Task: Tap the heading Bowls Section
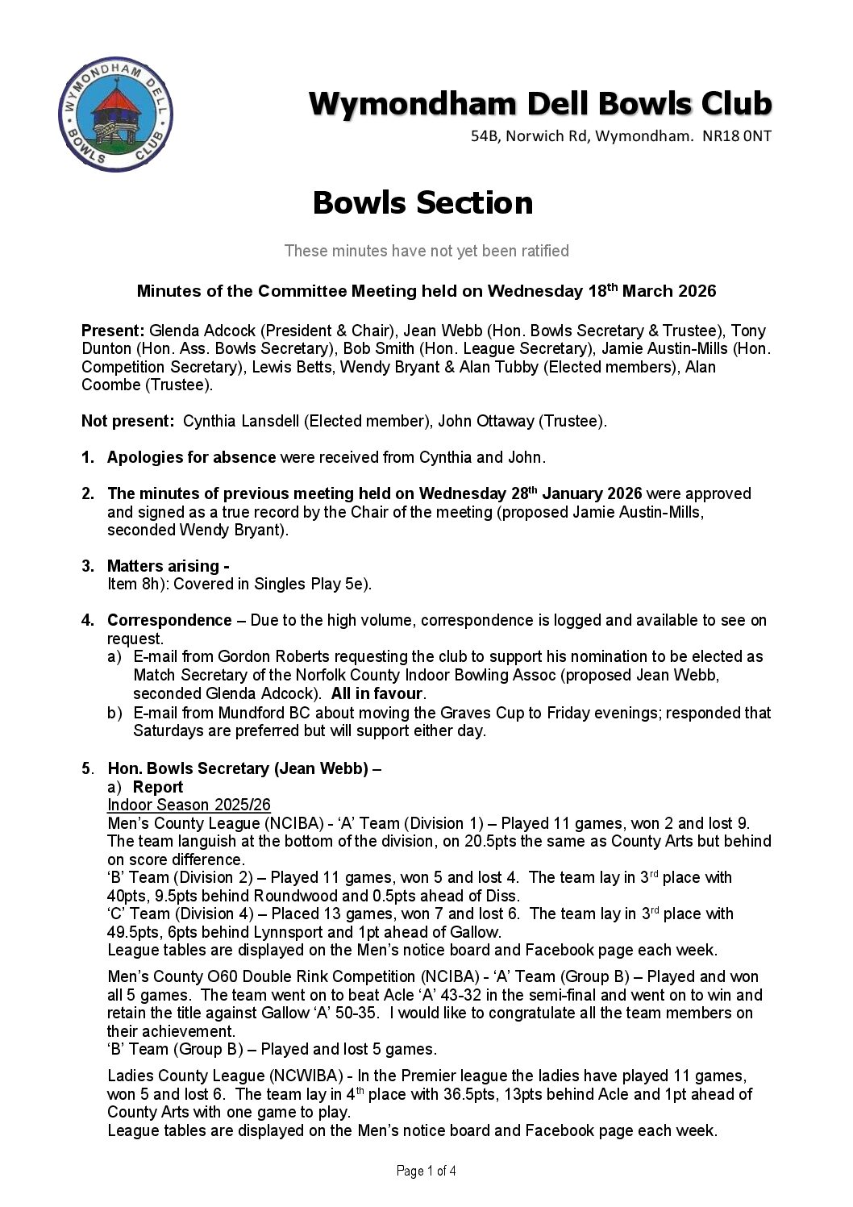coord(422,202)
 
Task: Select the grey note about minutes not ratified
coord(426,252)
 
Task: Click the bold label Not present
coord(127,421)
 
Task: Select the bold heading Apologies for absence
coord(192,458)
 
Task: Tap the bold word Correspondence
coord(169,621)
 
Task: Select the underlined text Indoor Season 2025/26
coord(189,805)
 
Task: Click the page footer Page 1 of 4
coord(426,1172)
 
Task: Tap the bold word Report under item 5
coord(158,787)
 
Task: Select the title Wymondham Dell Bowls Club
coord(540,105)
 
